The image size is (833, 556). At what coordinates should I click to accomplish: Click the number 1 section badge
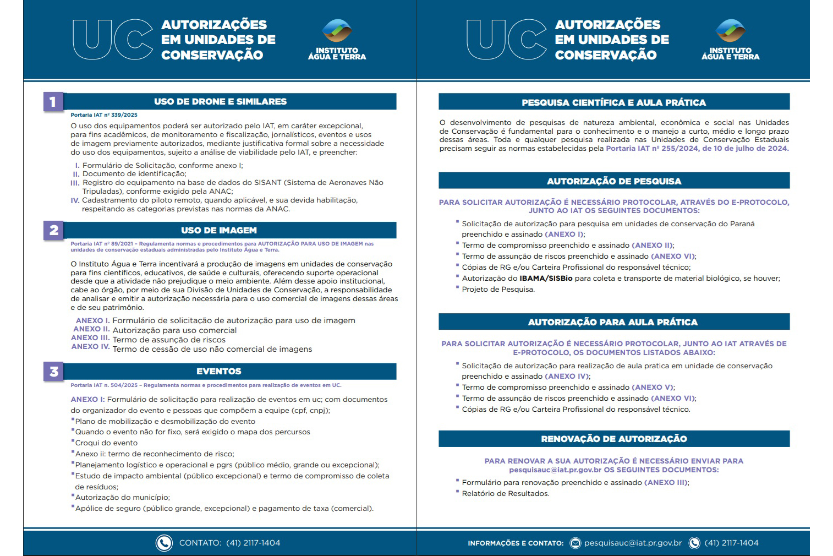[53, 102]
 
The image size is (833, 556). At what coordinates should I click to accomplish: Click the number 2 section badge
[53, 230]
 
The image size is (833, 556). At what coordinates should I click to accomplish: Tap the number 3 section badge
[53, 372]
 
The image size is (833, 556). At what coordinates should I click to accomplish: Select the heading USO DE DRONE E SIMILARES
[220, 101]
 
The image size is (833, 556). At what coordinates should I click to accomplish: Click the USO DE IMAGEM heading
[219, 230]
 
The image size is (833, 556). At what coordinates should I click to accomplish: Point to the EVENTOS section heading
[219, 371]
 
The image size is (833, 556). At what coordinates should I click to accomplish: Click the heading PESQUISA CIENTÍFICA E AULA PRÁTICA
[613, 102]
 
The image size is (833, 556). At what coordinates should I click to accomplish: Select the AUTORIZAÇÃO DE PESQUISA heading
[613, 181]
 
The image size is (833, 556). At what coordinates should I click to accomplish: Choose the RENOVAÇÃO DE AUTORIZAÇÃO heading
[613, 439]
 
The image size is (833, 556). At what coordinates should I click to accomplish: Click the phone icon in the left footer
[164, 543]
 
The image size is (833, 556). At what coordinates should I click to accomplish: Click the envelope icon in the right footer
[575, 543]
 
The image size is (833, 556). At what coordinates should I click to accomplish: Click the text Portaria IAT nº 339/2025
[104, 115]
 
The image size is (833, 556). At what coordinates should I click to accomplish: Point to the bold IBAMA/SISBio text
[546, 279]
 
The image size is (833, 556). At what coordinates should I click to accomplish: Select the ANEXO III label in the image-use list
[90, 338]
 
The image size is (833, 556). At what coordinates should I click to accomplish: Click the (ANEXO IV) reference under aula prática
[567, 377]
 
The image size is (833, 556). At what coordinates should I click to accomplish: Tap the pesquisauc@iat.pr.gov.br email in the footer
[633, 543]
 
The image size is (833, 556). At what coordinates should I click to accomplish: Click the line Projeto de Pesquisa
[498, 290]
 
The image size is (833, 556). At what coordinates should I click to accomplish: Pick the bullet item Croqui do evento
[106, 443]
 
